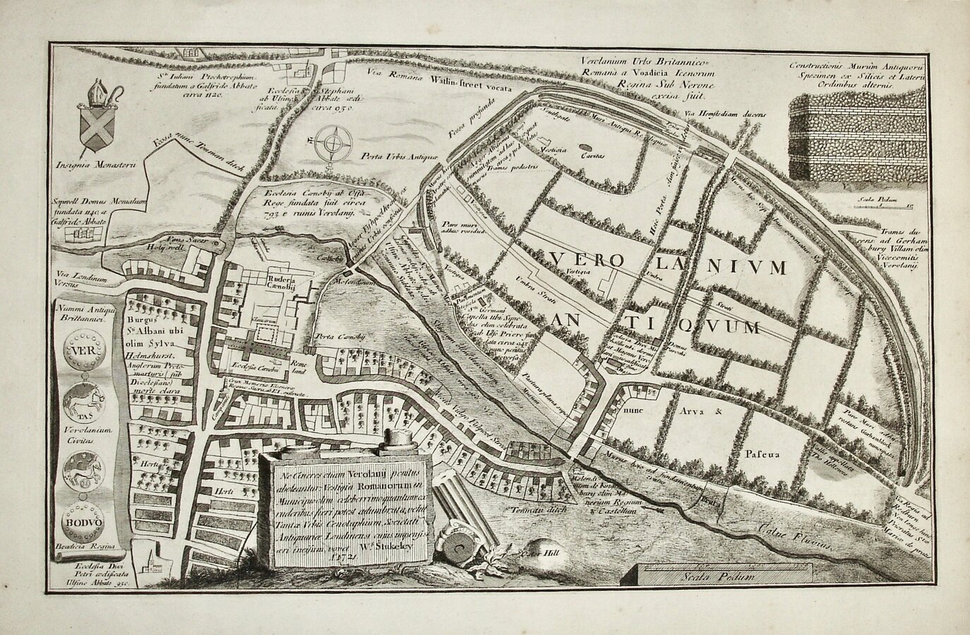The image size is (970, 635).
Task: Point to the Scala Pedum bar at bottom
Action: [x=719, y=576]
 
